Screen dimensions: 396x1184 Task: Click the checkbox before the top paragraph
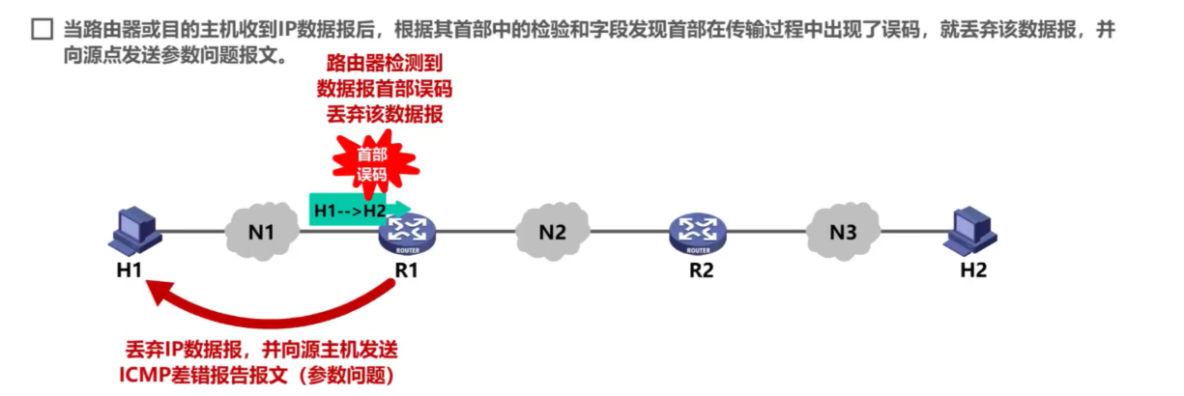point(41,31)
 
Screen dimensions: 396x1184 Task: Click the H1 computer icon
point(131,231)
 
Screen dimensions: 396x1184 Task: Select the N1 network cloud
point(261,232)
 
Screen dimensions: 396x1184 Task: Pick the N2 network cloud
point(552,232)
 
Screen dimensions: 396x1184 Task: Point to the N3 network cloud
point(844,232)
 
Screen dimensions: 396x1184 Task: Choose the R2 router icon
point(699,233)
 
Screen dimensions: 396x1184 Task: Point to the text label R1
point(407,270)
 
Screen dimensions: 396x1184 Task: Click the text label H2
point(974,270)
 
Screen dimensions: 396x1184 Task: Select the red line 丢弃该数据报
point(385,114)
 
